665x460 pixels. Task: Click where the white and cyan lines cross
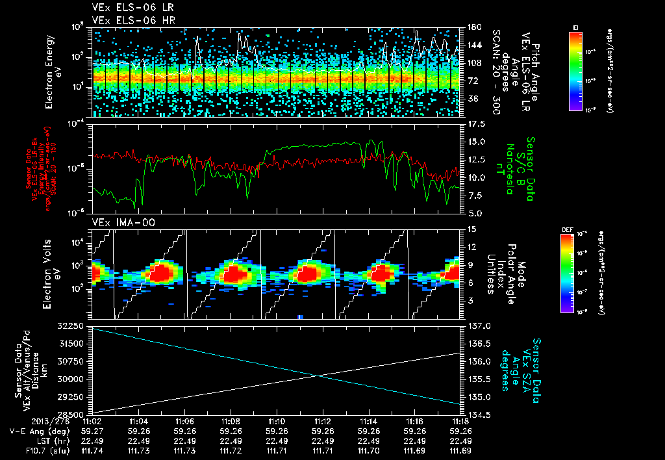320,375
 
